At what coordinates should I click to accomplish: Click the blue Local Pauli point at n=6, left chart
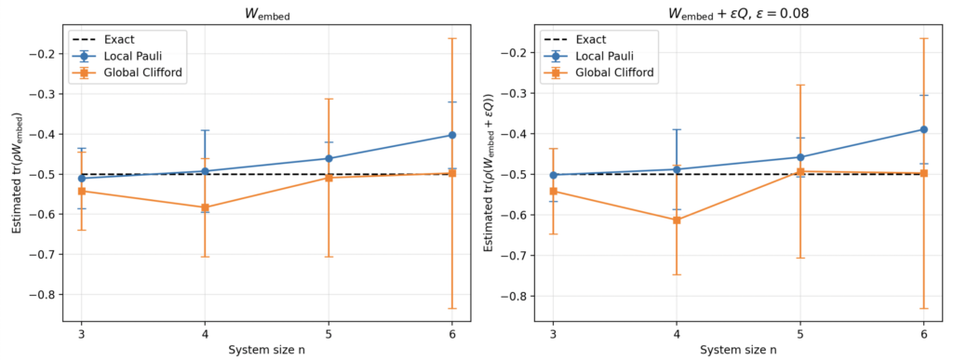click(x=452, y=135)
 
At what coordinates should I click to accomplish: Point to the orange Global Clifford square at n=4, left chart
click(x=205, y=207)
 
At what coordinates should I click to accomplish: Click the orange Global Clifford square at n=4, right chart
click(x=677, y=220)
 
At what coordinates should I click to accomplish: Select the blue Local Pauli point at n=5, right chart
click(x=799, y=157)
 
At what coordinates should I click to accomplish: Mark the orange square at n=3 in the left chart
click(x=82, y=192)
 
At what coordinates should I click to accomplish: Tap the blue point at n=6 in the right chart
click(x=924, y=129)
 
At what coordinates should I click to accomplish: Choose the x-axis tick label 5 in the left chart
click(x=329, y=334)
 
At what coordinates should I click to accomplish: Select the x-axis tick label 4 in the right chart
click(x=677, y=334)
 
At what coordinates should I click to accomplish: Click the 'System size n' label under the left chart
click(x=266, y=351)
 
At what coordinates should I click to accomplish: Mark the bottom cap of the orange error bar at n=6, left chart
click(x=452, y=309)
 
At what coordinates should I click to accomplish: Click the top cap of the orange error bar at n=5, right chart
click(x=799, y=85)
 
